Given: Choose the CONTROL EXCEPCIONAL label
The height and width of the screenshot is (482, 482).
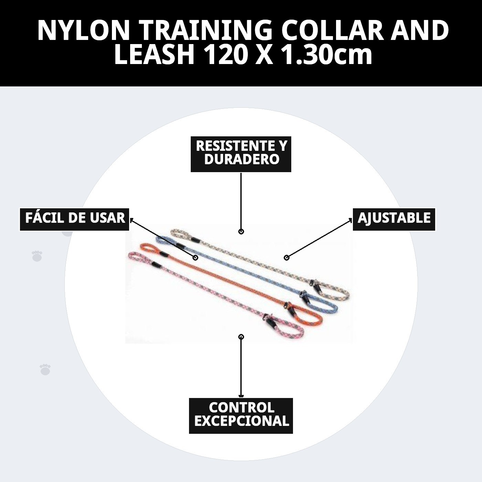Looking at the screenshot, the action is (241, 416).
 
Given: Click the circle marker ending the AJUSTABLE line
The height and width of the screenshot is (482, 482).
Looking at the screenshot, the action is (287, 258).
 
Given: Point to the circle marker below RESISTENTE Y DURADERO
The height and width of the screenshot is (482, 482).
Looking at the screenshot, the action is (241, 231).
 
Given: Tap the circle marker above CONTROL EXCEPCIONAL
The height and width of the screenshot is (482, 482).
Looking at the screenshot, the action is (241, 337).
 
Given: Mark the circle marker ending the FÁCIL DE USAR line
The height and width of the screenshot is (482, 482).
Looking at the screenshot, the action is (195, 258).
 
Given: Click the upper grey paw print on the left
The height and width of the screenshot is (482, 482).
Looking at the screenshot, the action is (37, 256).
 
